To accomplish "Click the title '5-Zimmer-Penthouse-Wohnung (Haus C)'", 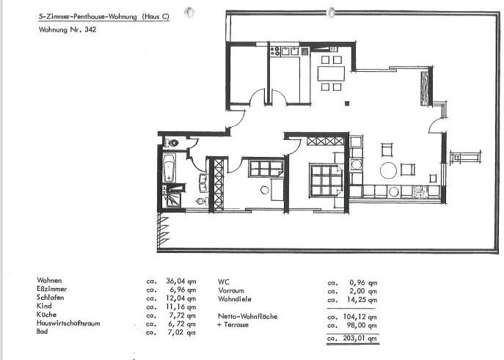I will [103, 16].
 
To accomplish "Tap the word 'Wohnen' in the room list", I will [49, 281].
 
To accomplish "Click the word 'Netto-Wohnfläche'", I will [247, 316].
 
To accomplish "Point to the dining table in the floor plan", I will [331, 73].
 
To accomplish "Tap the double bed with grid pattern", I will [326, 178].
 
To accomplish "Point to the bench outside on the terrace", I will [464, 157].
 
